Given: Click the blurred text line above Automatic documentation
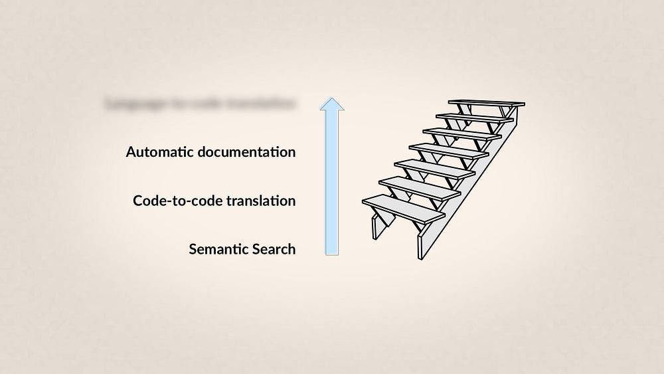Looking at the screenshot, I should point(200,104).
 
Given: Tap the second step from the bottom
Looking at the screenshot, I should point(419,186).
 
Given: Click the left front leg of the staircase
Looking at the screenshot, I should point(376,227).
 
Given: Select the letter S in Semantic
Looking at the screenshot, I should point(193,250).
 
